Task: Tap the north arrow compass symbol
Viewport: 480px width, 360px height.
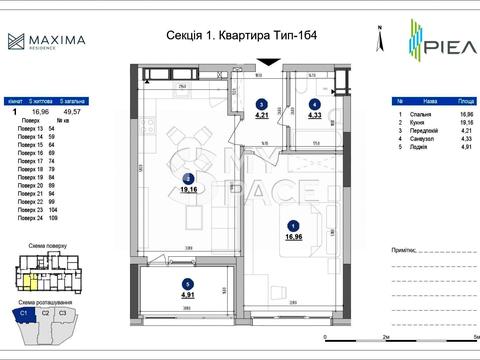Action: (x=377, y=41)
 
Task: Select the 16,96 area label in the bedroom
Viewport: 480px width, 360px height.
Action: (x=293, y=238)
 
